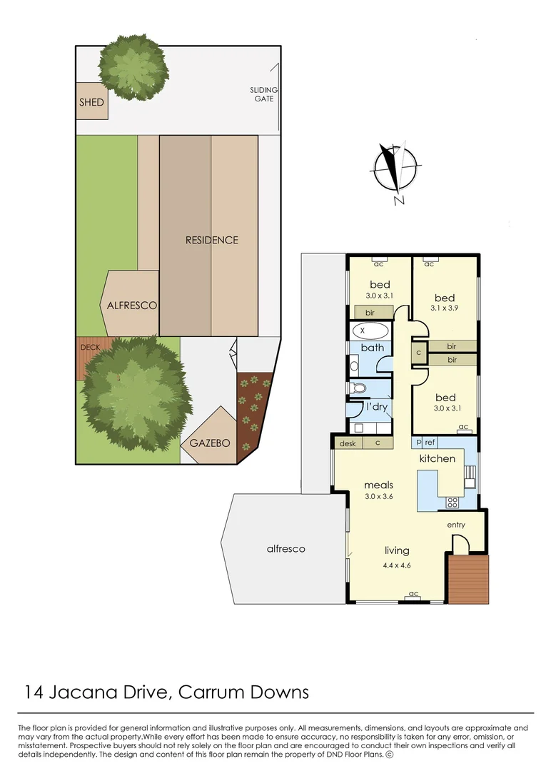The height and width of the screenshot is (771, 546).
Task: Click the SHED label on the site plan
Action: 91,102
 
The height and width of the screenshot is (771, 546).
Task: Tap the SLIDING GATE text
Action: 263,94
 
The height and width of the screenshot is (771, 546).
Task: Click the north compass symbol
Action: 395,169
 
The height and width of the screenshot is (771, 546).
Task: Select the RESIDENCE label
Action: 211,240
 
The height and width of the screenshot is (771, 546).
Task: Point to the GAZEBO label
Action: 210,443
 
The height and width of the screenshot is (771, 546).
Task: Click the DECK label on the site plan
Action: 90,347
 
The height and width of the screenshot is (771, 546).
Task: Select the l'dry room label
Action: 376,407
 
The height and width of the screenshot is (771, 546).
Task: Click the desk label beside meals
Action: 347,443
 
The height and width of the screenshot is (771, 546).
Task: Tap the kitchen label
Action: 437,458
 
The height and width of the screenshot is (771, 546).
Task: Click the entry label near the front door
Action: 456,525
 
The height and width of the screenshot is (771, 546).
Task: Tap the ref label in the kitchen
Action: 430,443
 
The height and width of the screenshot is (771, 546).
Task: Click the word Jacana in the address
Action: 89,692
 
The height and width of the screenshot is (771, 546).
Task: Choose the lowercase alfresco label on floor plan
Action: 285,548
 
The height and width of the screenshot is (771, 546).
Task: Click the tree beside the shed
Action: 133,67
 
